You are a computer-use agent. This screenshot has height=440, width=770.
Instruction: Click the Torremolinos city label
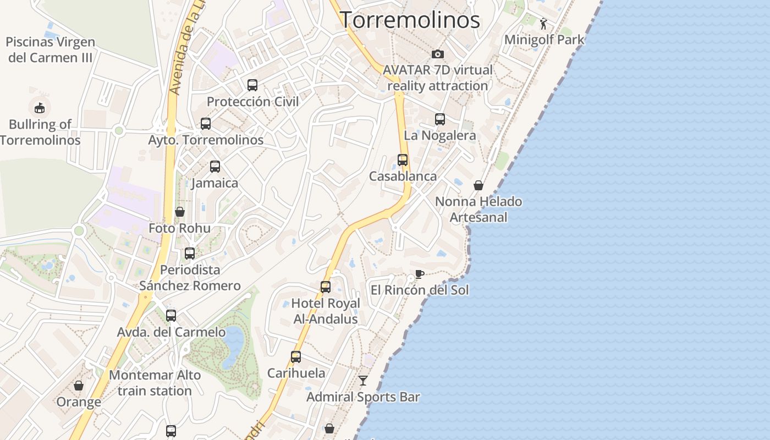coord(410,20)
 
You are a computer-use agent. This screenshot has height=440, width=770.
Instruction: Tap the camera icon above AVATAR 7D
coord(438,54)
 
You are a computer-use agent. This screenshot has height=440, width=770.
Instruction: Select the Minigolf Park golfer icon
coord(544,24)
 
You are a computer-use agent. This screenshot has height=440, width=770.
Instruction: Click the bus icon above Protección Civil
coord(252,85)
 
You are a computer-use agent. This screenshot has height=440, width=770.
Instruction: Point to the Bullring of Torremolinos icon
coord(40,107)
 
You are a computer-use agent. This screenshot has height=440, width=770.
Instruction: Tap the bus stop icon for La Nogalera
coord(440,119)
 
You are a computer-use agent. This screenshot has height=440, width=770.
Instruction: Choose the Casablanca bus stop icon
coord(403,160)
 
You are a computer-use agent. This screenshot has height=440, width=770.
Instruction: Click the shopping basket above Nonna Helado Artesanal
coord(479,185)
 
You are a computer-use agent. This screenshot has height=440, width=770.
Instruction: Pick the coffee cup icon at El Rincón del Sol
coord(420,274)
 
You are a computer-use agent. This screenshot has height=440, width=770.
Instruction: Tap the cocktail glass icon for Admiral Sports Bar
coord(363,381)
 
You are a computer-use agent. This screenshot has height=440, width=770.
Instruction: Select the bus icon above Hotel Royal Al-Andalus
coord(326,287)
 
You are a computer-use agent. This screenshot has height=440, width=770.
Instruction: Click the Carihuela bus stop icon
coord(296,357)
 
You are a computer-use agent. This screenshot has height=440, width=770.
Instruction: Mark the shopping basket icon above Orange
coord(79,386)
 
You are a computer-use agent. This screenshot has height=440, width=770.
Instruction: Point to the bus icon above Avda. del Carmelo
coord(171,316)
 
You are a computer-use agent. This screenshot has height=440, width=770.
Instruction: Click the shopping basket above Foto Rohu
coord(180,212)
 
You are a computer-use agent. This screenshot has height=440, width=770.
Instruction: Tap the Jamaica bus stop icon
coord(215,167)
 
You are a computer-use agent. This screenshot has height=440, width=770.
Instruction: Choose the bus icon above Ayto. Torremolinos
coord(206,124)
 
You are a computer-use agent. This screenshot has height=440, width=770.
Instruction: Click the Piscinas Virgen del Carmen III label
coord(51,50)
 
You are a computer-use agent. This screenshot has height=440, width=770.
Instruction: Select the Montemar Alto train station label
coord(155,383)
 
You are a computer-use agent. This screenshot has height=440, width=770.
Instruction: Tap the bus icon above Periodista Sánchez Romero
coord(190,254)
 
